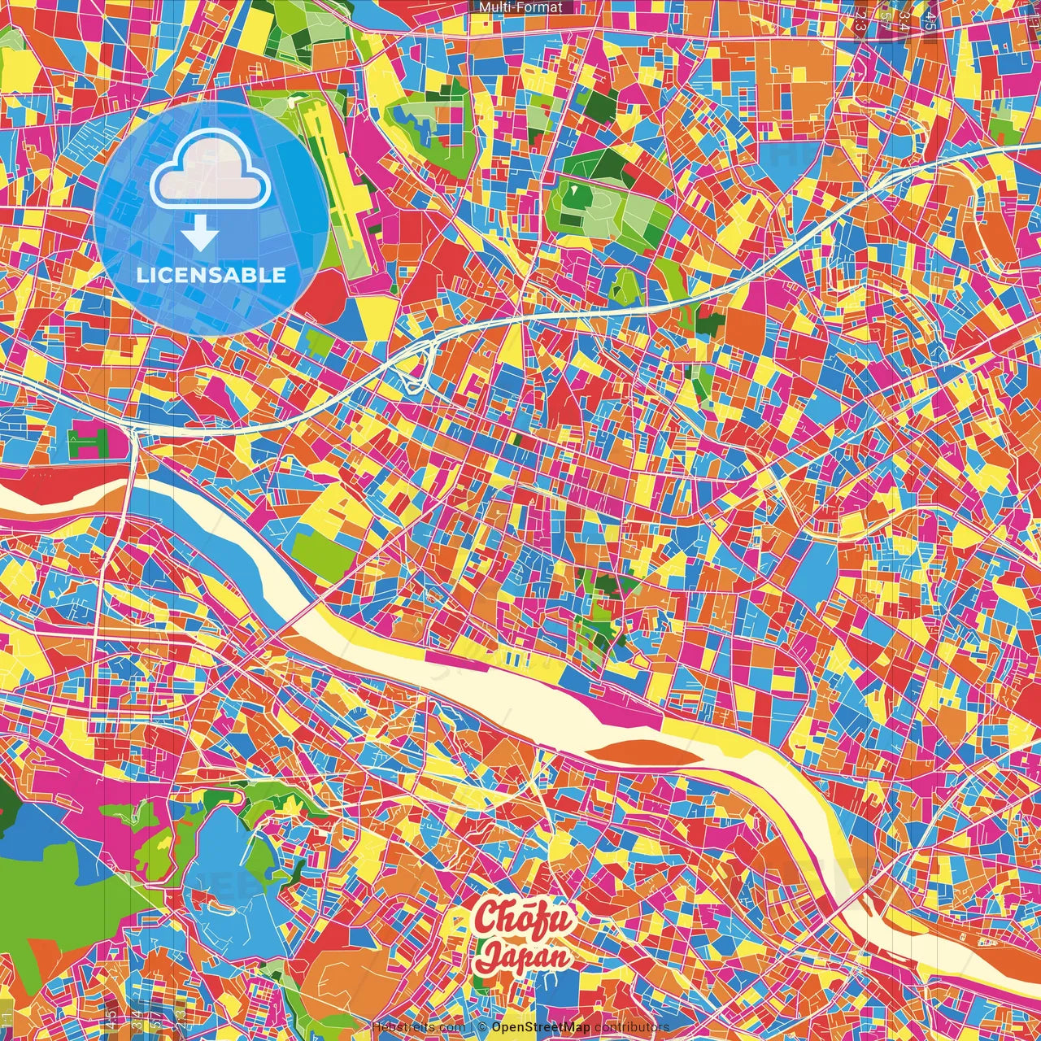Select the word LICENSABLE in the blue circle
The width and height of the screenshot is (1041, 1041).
tap(211, 275)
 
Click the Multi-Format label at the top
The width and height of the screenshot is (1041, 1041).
tap(520, 7)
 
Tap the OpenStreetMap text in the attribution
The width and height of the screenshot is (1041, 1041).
tap(540, 1027)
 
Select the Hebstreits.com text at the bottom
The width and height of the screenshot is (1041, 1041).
tap(418, 1027)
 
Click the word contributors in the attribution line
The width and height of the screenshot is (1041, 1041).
tap(632, 1027)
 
